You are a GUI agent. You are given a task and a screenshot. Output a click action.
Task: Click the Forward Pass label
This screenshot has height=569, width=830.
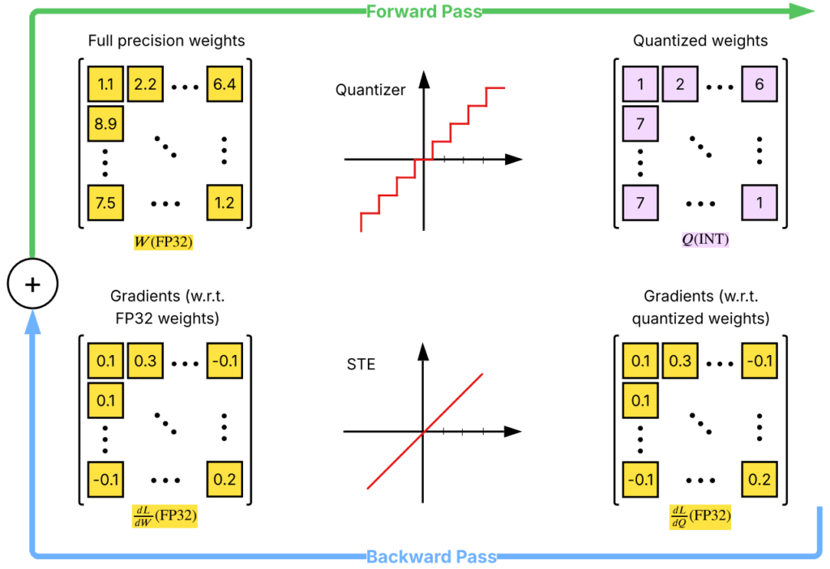pos(423,11)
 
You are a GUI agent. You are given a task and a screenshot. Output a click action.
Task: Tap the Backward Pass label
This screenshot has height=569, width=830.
pos(431,557)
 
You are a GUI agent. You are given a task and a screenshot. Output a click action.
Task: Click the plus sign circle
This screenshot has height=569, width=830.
pos(32,284)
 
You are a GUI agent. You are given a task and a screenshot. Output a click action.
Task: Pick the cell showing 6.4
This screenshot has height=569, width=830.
pos(225,84)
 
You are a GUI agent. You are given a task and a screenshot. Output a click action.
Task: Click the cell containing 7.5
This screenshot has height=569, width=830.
pos(105,203)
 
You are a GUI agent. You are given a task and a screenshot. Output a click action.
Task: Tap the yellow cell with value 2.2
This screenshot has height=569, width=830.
pos(145,84)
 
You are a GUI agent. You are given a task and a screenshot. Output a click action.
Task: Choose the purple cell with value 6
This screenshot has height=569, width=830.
pos(759,84)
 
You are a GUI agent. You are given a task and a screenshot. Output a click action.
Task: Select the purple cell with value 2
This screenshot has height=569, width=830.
pos(680,84)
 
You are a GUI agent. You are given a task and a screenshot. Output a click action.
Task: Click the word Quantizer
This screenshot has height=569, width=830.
pos(370,90)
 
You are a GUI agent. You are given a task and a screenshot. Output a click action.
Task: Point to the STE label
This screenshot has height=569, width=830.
pos(361,364)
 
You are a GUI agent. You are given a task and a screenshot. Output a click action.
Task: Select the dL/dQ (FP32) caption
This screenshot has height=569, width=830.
pos(700,516)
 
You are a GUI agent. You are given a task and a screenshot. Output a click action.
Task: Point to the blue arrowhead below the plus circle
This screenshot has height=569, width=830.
pos(32,323)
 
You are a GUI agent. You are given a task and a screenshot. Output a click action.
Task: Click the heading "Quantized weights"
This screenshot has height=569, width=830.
pos(700,40)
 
